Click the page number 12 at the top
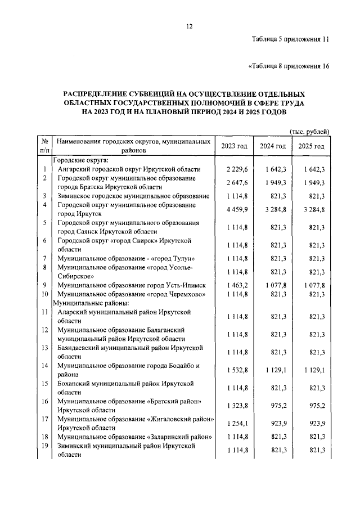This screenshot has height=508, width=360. click(x=190, y=26)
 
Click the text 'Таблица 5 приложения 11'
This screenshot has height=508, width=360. click(x=290, y=39)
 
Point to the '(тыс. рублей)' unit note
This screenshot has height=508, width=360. click(x=309, y=131)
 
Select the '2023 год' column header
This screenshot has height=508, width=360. click(x=234, y=146)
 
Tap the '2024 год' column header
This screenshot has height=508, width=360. click(x=273, y=146)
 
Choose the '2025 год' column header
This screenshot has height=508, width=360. click(x=311, y=146)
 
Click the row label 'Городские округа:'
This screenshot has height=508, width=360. click(x=79, y=160)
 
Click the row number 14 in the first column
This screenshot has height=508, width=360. click(x=44, y=366)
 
